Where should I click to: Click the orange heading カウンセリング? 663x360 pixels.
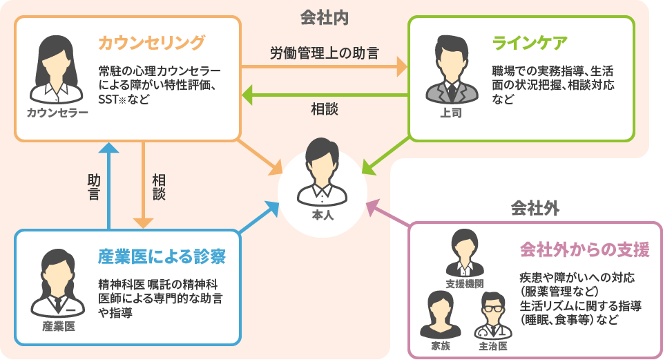[x=151, y=44]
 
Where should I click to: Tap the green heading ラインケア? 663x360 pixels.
[x=530, y=44]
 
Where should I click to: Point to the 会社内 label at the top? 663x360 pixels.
[x=324, y=17]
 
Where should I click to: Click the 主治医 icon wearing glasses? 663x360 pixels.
[x=493, y=315]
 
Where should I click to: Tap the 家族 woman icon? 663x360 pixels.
[x=440, y=315]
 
